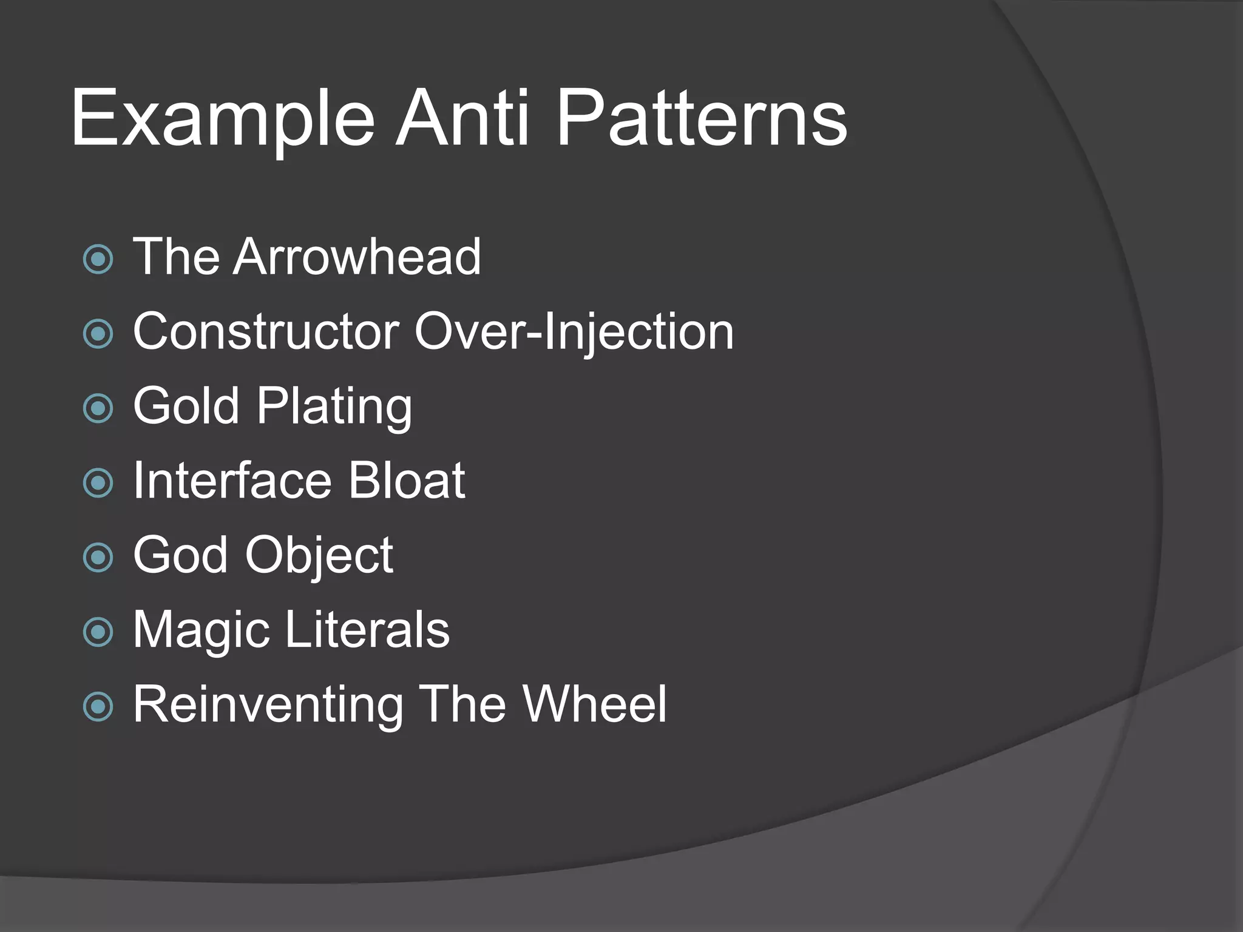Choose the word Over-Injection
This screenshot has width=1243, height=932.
pyautogui.click(x=574, y=333)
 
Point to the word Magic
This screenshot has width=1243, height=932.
pyautogui.click(x=201, y=630)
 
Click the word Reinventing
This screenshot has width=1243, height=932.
pyautogui.click(x=268, y=705)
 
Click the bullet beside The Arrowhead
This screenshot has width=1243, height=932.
pyautogui.click(x=98, y=260)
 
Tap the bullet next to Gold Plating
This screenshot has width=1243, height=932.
pyautogui.click(x=98, y=408)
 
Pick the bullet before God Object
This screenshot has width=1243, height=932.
pyautogui.click(x=98, y=558)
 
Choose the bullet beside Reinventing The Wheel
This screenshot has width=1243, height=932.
pyautogui.click(x=98, y=706)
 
